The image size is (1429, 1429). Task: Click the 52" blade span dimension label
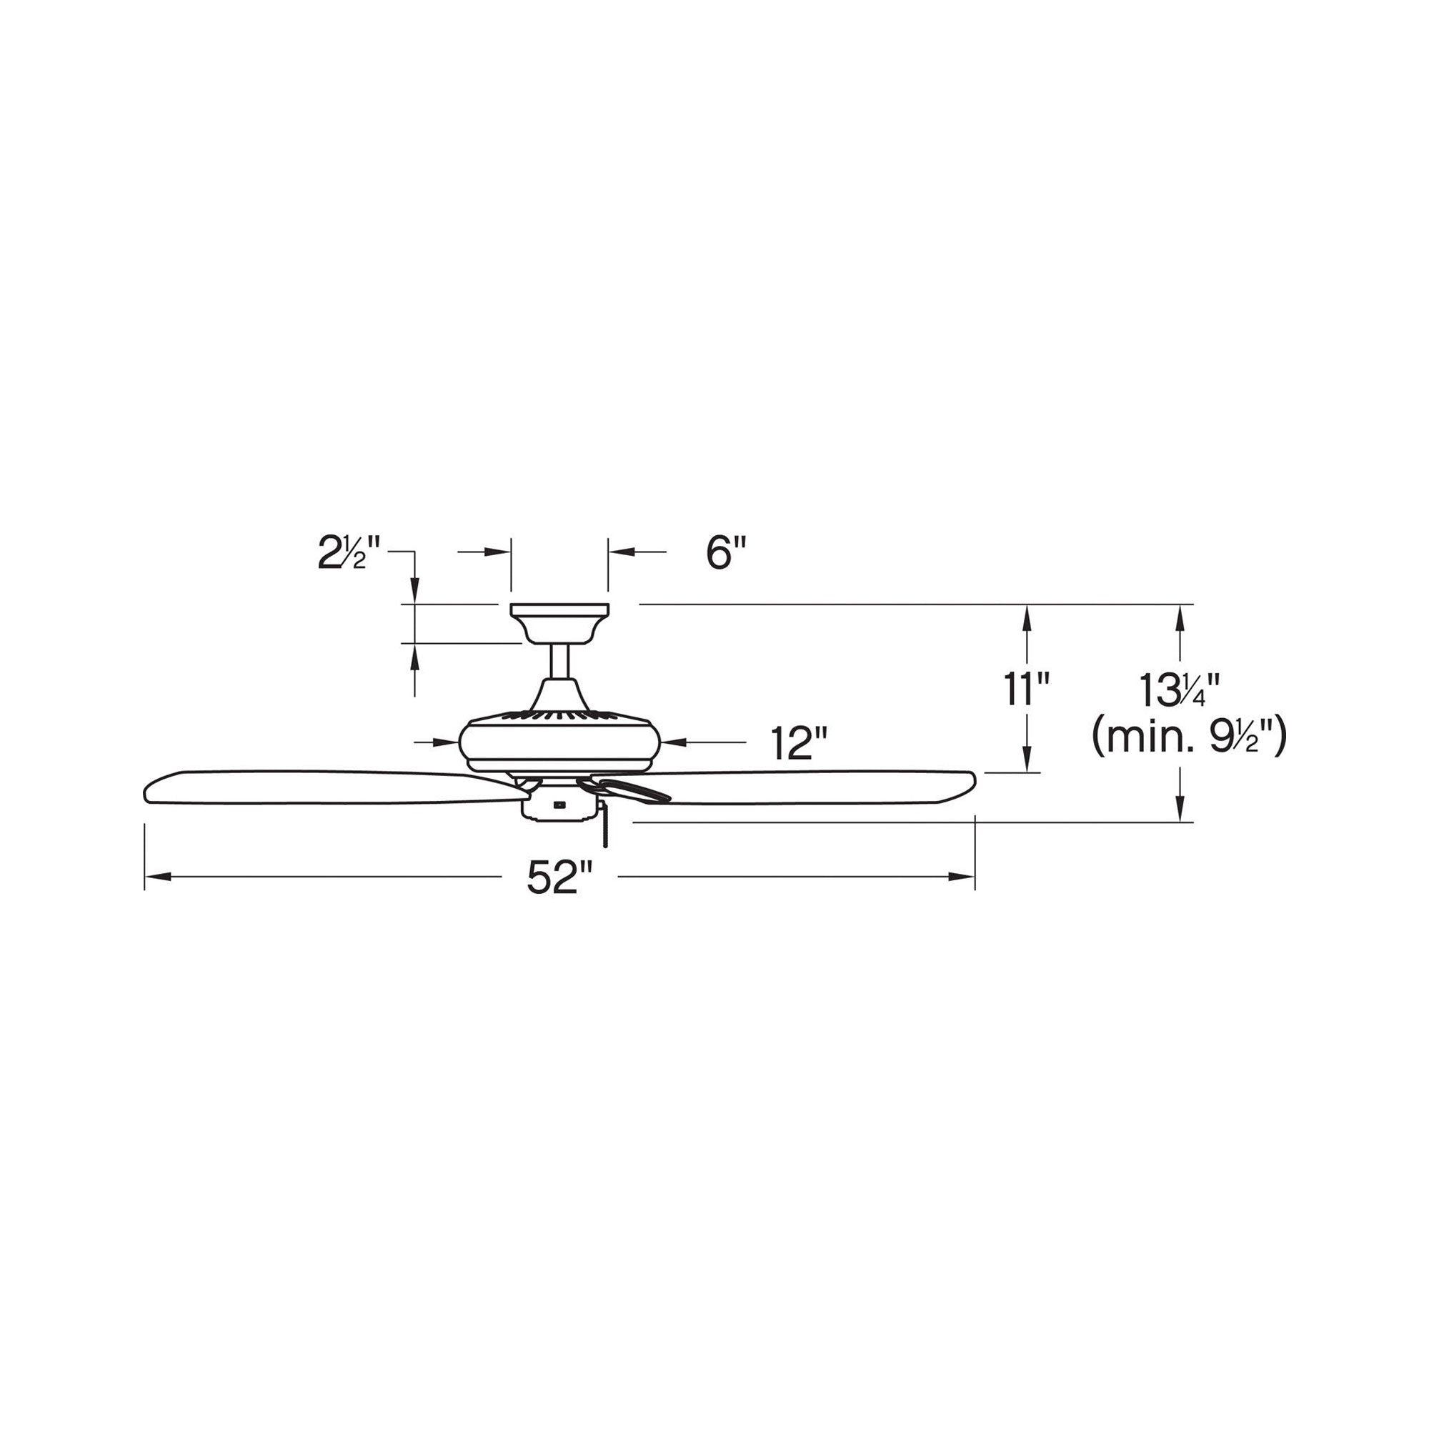click(x=560, y=878)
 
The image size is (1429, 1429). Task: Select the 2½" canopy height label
click(x=349, y=552)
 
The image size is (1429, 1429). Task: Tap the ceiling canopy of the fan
click(x=559, y=624)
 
